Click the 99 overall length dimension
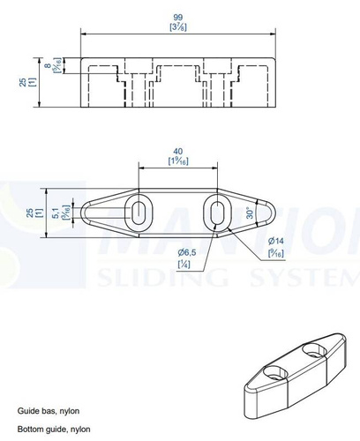tap(179, 17)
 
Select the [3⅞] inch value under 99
tap(179, 27)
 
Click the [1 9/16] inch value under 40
tap(178, 161)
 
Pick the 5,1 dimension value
tap(56, 212)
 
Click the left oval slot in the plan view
tap(140, 212)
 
